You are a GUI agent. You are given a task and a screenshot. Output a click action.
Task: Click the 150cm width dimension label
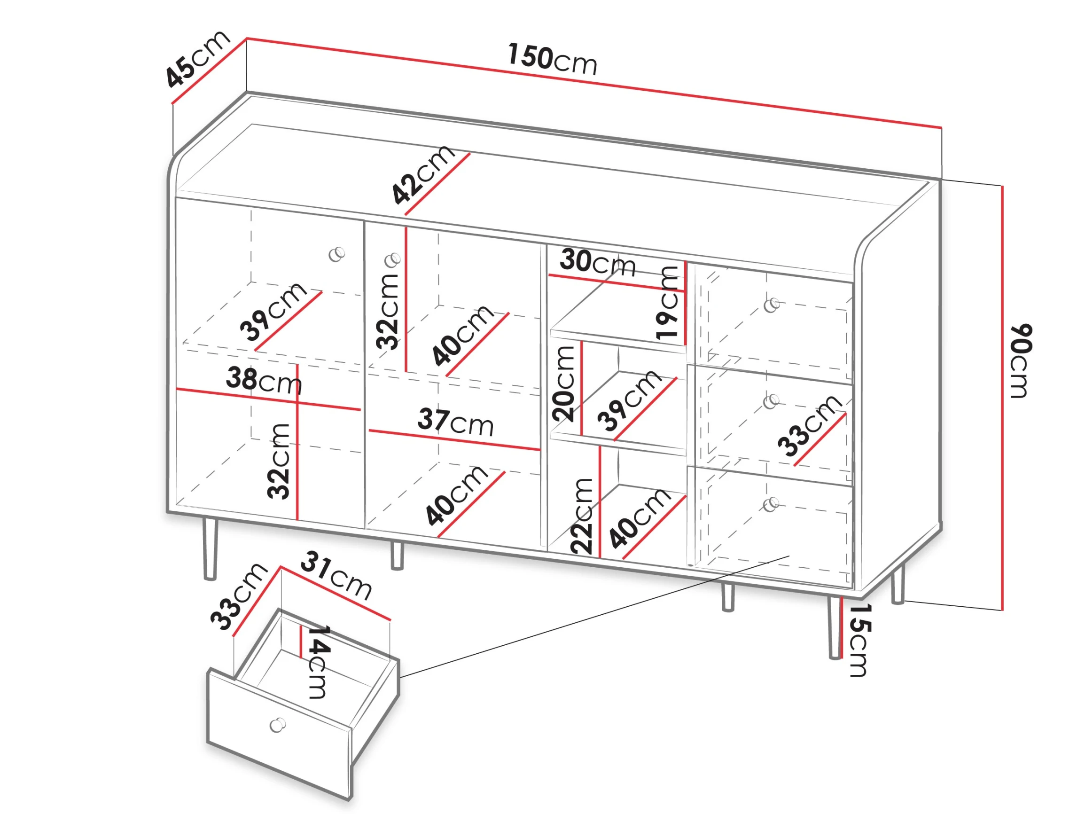pyautogui.click(x=552, y=60)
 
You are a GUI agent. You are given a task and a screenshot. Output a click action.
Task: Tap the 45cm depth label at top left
pyautogui.click(x=197, y=59)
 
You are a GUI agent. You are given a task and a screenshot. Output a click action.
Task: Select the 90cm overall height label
pyautogui.click(x=1021, y=360)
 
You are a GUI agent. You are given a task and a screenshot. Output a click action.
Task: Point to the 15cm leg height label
pyautogui.click(x=860, y=640)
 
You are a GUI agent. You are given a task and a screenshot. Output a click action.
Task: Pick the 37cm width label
pyautogui.click(x=456, y=423)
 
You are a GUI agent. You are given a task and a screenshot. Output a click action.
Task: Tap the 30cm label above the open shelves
pyautogui.click(x=597, y=263)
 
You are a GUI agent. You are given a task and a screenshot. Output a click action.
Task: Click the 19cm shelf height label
pyautogui.click(x=667, y=303)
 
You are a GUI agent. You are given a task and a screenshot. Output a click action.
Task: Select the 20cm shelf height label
pyautogui.click(x=563, y=384)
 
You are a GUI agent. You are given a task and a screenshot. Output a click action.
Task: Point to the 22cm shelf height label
pyautogui.click(x=582, y=516)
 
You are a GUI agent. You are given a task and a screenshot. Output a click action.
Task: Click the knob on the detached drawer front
pyautogui.click(x=278, y=725)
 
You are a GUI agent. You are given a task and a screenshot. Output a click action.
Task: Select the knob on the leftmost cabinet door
pyautogui.click(x=336, y=254)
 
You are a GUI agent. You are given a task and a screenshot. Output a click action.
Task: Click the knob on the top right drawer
pyautogui.click(x=772, y=305)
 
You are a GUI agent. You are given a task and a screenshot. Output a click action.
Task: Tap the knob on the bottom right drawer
pyautogui.click(x=771, y=504)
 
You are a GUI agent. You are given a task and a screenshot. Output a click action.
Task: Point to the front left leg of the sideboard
pyautogui.click(x=210, y=548)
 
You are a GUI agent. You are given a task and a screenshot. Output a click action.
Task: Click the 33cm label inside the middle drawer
pyautogui.click(x=810, y=425)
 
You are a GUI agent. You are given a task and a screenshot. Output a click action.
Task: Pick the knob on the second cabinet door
pyautogui.click(x=393, y=260)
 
